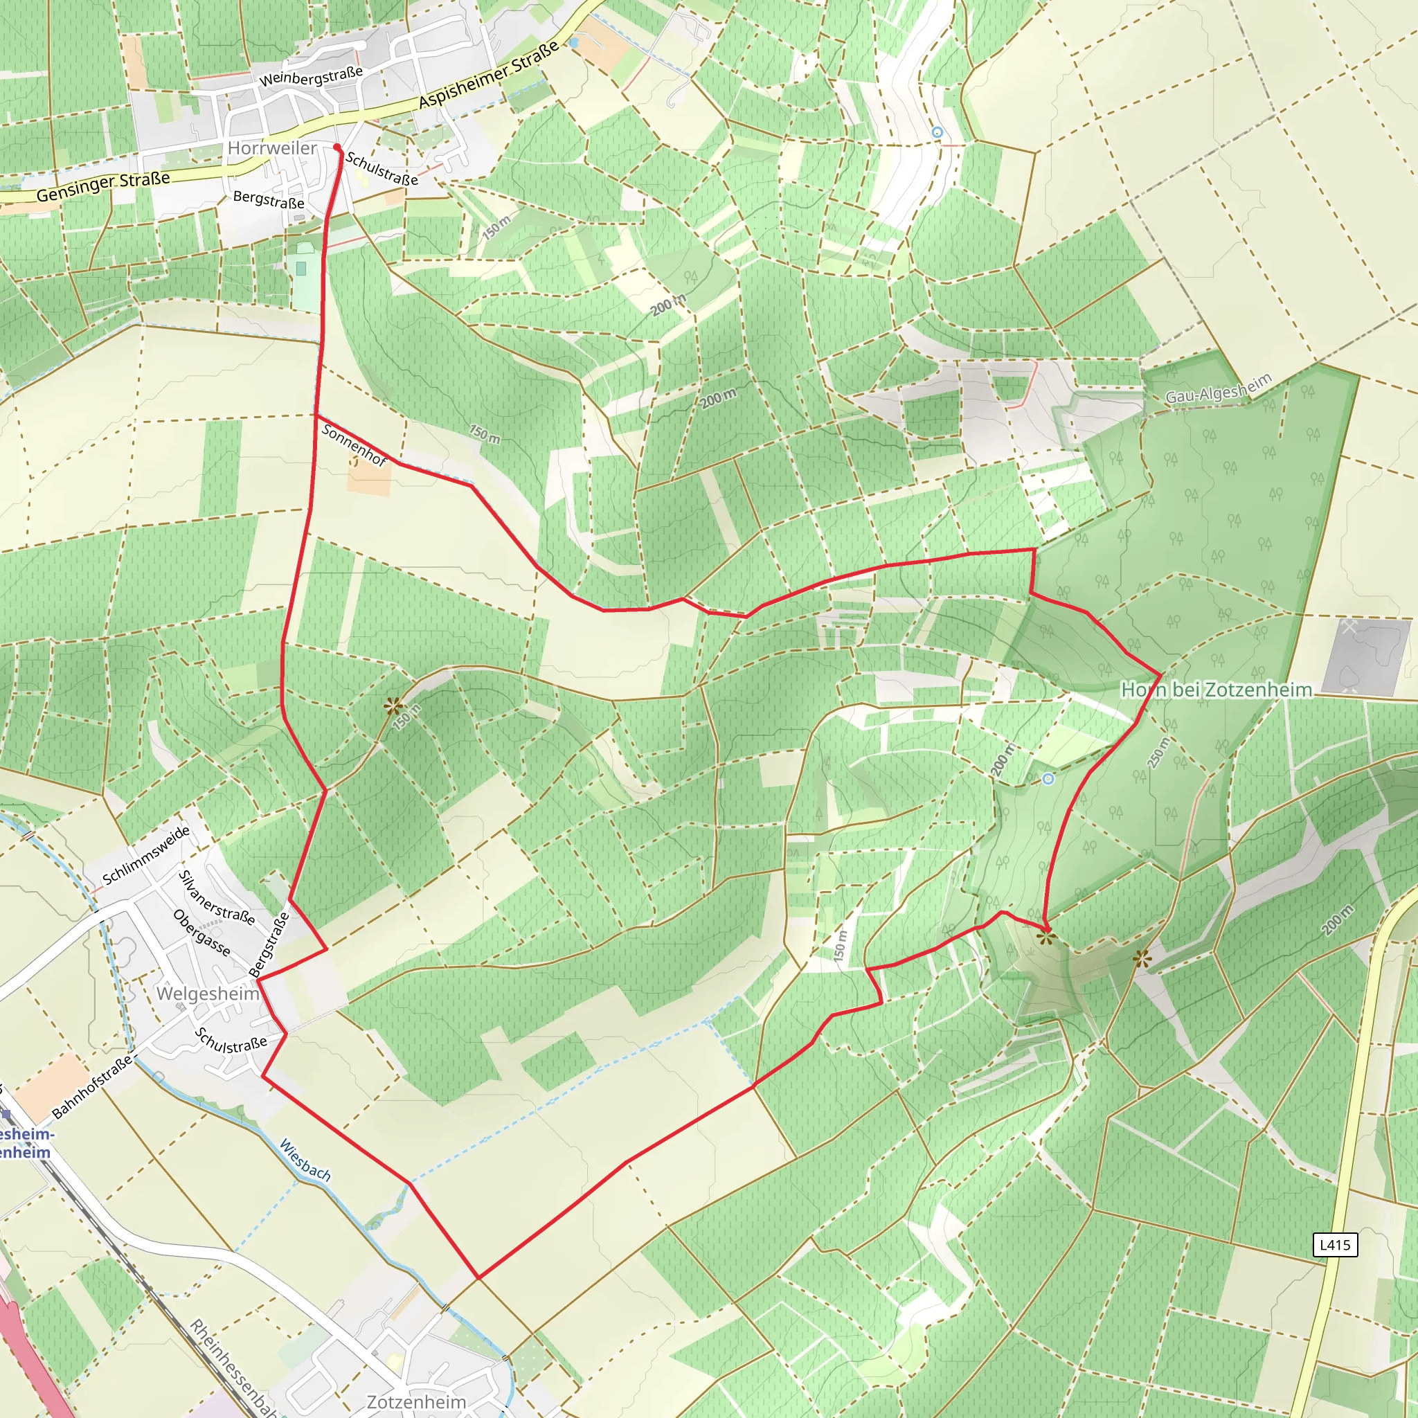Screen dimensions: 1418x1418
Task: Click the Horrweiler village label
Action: [x=271, y=148]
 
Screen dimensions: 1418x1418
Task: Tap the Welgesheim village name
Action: [x=208, y=994]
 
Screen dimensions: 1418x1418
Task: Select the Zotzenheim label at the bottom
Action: [x=416, y=1402]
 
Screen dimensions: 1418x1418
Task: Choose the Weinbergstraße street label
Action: [x=310, y=76]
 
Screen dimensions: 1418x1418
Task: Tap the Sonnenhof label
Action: [x=354, y=445]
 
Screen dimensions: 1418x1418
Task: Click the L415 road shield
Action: [x=1334, y=1245]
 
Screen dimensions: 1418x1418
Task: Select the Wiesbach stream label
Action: [x=305, y=1160]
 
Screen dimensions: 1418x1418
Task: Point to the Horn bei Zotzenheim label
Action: [x=1216, y=690]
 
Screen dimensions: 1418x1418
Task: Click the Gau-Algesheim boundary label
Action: [x=1219, y=389]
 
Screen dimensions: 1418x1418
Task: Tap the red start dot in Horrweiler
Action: [x=337, y=147]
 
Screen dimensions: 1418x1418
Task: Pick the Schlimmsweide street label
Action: [x=146, y=855]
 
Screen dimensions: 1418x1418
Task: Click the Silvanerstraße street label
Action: [x=217, y=897]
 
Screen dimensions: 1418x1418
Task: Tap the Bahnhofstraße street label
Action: [x=93, y=1086]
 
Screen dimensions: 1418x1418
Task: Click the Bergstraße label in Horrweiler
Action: [x=269, y=199]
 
